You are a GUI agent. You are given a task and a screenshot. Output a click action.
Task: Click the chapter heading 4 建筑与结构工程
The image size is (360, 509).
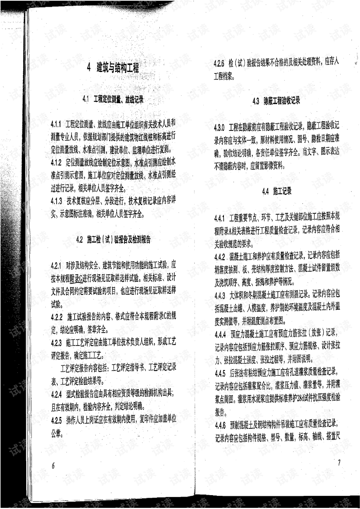113,68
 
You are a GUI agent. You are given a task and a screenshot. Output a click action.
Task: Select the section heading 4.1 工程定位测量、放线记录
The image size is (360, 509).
113,100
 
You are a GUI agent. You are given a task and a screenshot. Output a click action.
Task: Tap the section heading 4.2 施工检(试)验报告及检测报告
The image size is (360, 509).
113,240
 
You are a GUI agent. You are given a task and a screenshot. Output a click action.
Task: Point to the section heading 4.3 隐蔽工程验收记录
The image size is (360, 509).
276,101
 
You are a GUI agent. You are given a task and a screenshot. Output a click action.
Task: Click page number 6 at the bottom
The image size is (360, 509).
53,465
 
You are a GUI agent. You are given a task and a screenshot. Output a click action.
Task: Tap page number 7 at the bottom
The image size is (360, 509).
339,462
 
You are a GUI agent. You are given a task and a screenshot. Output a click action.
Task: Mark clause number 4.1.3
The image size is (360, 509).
56,201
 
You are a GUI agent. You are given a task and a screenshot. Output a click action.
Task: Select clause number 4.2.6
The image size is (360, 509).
219,63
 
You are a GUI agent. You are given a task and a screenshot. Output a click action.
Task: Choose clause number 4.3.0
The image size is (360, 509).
219,127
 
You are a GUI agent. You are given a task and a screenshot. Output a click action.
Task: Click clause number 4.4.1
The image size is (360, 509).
219,218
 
